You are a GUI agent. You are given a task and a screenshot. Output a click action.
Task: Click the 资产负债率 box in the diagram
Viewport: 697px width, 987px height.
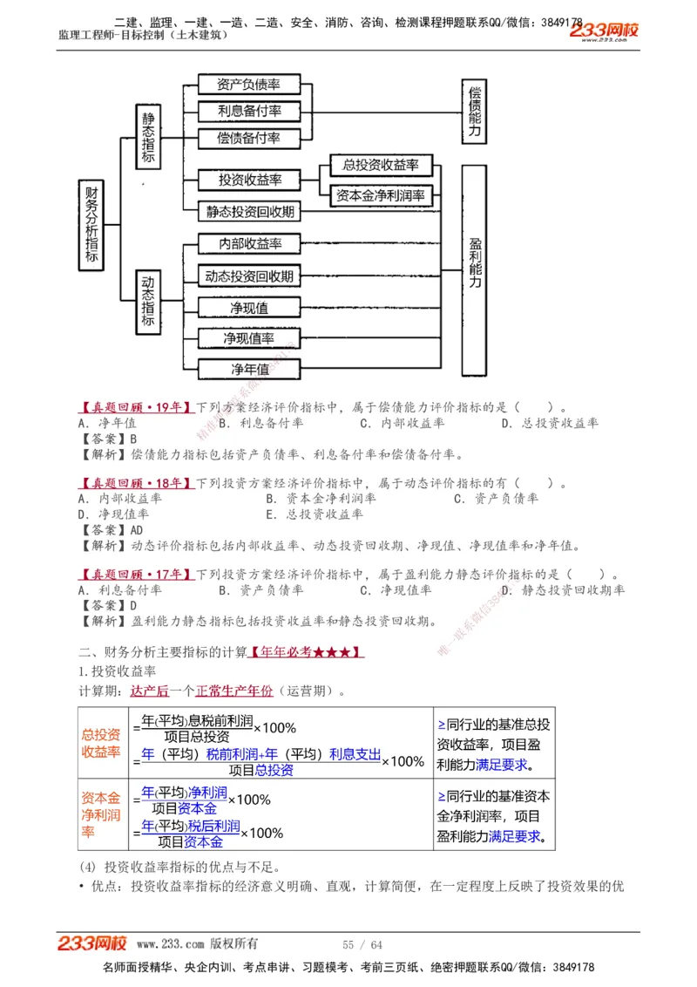click(248, 85)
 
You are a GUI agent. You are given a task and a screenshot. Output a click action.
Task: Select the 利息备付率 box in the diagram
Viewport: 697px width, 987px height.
click(248, 112)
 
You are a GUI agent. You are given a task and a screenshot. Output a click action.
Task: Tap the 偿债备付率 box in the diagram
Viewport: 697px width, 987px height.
click(248, 139)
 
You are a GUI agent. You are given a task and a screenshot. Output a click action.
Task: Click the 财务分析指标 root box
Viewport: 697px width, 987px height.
click(91, 225)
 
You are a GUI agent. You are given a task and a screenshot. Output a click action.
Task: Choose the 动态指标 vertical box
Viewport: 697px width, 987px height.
click(148, 302)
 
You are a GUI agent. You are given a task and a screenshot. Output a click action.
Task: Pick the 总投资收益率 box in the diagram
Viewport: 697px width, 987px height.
click(381, 165)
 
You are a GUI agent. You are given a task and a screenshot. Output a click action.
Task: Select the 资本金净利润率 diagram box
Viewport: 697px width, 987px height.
click(381, 196)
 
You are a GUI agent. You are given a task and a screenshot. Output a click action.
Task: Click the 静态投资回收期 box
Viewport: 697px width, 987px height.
click(249, 211)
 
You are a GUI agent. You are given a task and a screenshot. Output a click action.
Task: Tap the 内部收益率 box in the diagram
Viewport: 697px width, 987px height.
click(249, 244)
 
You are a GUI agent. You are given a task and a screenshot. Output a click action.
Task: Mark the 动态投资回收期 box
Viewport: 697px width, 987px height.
click(249, 276)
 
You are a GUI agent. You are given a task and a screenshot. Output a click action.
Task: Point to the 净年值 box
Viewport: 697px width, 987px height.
click(249, 370)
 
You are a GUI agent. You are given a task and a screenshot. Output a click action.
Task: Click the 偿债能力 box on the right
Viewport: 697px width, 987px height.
click(475, 110)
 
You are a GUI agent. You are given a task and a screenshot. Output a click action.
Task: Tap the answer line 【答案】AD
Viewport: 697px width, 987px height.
click(111, 530)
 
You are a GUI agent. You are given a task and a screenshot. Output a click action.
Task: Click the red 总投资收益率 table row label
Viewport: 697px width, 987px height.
click(101, 744)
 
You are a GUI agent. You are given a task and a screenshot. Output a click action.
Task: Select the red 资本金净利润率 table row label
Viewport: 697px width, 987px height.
click(101, 814)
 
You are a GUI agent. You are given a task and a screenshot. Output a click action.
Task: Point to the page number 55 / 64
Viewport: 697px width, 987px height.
click(362, 945)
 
